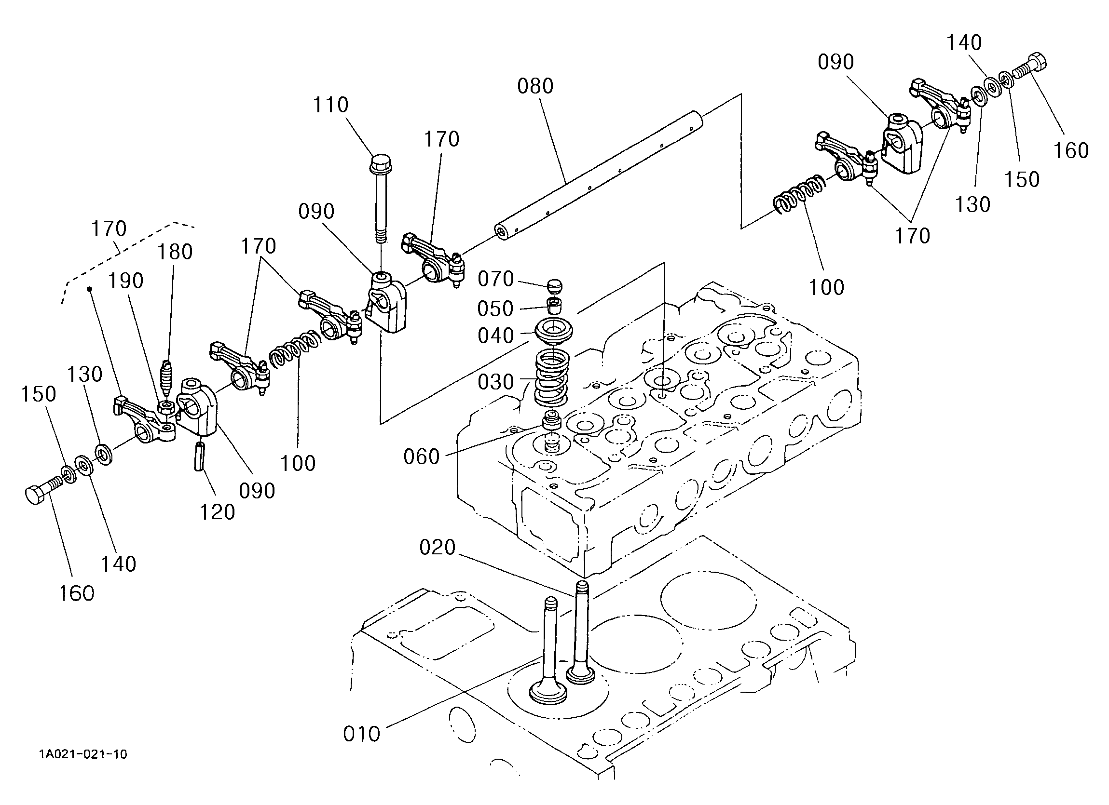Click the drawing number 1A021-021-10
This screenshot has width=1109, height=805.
pos(83,754)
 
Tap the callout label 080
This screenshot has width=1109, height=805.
pos(535,86)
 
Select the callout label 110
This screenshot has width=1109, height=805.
pos(330,105)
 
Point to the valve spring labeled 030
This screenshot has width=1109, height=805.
pos(551,380)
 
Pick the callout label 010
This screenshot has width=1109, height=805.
pos(361,734)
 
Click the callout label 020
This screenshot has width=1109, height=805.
pos(437,548)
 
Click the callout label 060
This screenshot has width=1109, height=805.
pos(422,457)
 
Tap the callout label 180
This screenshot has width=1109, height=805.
pos(175,252)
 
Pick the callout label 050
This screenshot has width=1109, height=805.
pos(495,309)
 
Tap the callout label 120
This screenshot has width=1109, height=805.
pos(217,512)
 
